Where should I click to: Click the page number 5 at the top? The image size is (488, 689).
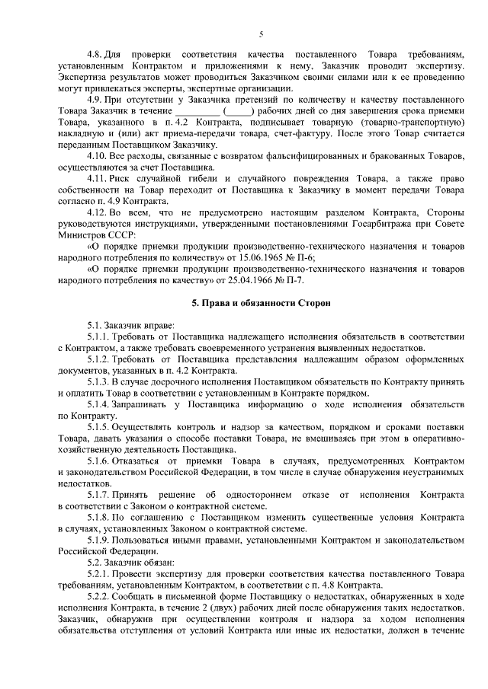click(261, 34)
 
